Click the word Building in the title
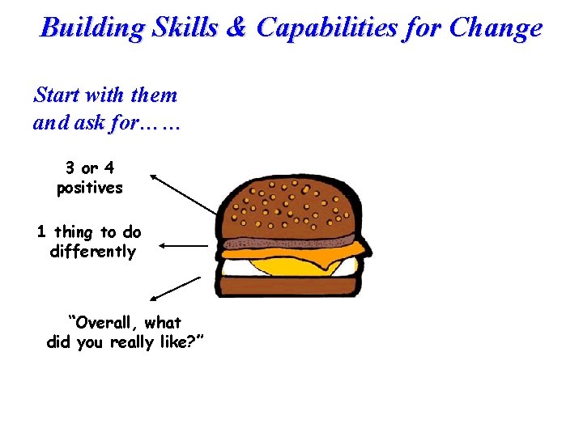click(x=91, y=28)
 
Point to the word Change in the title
click(x=496, y=28)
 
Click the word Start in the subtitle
click(x=57, y=95)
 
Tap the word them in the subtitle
click(x=154, y=95)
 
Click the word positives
click(x=89, y=188)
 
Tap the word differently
click(x=92, y=252)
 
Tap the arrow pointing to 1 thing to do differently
click(x=185, y=244)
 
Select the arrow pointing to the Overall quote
click(x=176, y=289)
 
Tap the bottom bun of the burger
click(x=287, y=286)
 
